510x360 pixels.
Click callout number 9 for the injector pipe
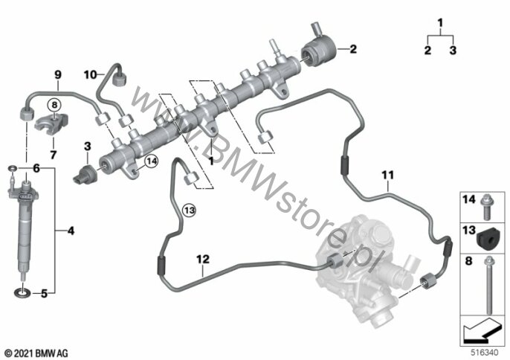[57, 74]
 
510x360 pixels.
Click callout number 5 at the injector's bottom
[44, 294]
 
